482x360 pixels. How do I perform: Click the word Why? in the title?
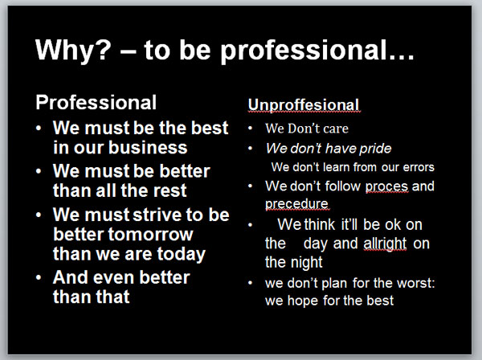(73, 50)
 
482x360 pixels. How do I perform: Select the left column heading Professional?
(96, 102)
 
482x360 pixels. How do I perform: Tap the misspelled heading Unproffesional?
(304, 104)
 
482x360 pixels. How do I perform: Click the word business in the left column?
(148, 147)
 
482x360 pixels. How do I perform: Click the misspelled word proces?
(386, 186)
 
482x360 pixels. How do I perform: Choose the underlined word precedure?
(296, 204)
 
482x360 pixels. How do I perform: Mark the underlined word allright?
(385, 243)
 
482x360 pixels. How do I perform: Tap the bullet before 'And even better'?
(39, 277)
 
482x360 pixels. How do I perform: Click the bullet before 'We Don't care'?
(250, 129)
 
